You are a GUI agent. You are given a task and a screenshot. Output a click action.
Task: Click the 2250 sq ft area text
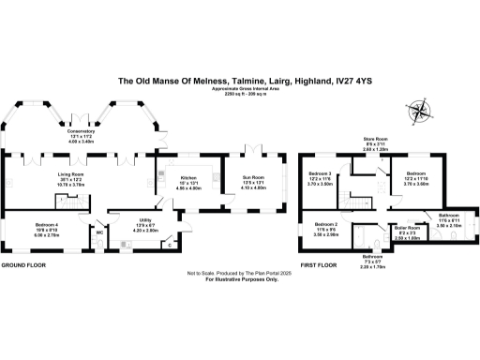click(x=239, y=97)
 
